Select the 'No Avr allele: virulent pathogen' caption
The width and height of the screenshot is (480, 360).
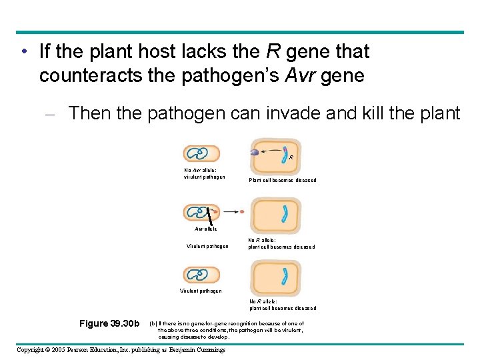pyautogui.click(x=205, y=173)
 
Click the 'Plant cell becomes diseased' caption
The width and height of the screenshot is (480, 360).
pyautogui.click(x=283, y=180)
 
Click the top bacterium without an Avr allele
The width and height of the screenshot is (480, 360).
pyautogui.click(x=197, y=154)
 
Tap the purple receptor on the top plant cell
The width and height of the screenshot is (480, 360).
pyautogui.click(x=254, y=153)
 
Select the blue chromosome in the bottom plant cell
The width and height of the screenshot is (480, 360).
pyautogui.click(x=285, y=275)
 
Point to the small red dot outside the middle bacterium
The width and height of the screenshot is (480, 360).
pyautogui.click(x=242, y=212)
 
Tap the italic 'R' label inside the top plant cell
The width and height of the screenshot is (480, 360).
pyautogui.click(x=291, y=158)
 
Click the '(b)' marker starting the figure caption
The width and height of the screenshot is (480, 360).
pyautogui.click(x=153, y=323)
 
